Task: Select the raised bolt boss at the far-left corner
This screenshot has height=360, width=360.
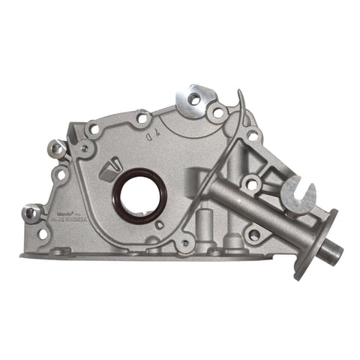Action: point(31,213)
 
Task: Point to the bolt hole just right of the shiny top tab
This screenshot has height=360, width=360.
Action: point(217,113)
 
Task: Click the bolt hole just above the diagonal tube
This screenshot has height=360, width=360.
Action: point(250,181)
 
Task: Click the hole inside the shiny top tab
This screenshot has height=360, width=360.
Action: point(193,98)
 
